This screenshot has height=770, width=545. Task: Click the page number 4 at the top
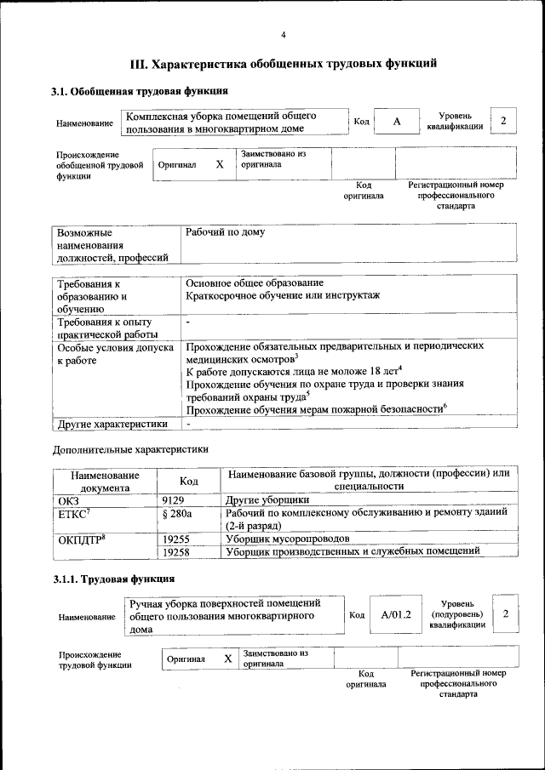click(284, 35)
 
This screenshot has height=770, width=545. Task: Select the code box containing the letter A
click(396, 123)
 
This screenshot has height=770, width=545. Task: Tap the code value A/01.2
click(395, 614)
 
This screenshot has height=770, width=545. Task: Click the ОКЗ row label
click(68, 500)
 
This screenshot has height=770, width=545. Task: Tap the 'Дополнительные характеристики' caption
click(130, 448)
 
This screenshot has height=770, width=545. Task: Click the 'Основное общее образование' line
click(255, 282)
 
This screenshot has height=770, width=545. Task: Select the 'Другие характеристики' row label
click(112, 423)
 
